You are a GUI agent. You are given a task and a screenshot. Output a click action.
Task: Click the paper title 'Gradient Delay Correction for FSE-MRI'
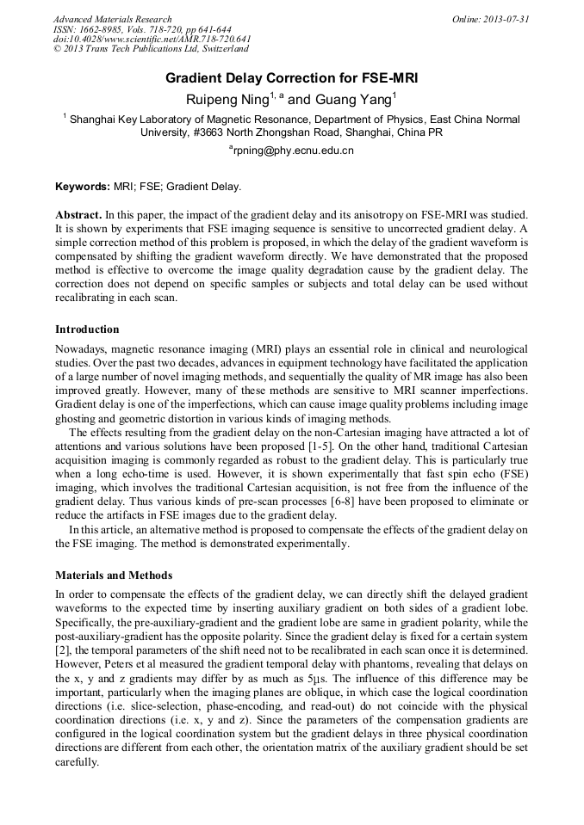click(291, 78)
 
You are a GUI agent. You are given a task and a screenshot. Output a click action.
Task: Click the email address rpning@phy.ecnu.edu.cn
click(292, 151)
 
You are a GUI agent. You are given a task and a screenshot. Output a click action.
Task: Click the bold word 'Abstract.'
click(78, 212)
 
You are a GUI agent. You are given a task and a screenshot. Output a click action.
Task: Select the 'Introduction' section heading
click(87, 329)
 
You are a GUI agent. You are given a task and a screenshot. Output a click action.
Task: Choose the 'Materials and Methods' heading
click(114, 575)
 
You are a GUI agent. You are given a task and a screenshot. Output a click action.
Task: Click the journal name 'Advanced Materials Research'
click(112, 19)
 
